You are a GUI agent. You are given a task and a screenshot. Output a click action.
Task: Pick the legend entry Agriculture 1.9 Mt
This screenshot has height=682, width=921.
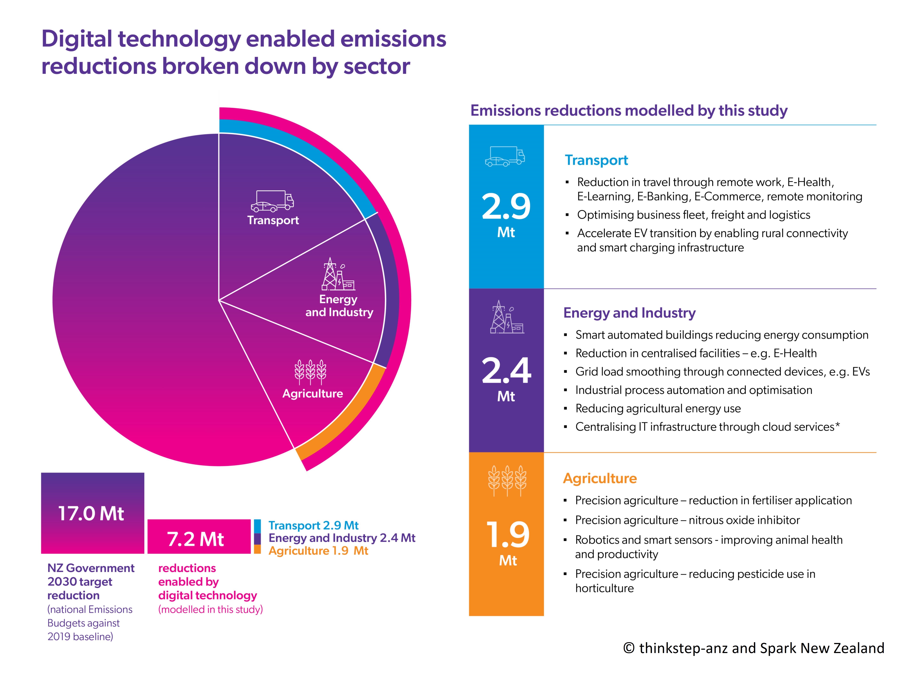(318, 551)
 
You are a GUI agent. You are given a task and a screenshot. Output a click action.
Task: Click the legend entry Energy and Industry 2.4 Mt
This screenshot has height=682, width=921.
(342, 538)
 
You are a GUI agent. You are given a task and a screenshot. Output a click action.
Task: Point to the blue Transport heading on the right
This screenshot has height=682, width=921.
(596, 160)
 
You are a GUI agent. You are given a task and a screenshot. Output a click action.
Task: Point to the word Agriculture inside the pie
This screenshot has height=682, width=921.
(312, 393)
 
